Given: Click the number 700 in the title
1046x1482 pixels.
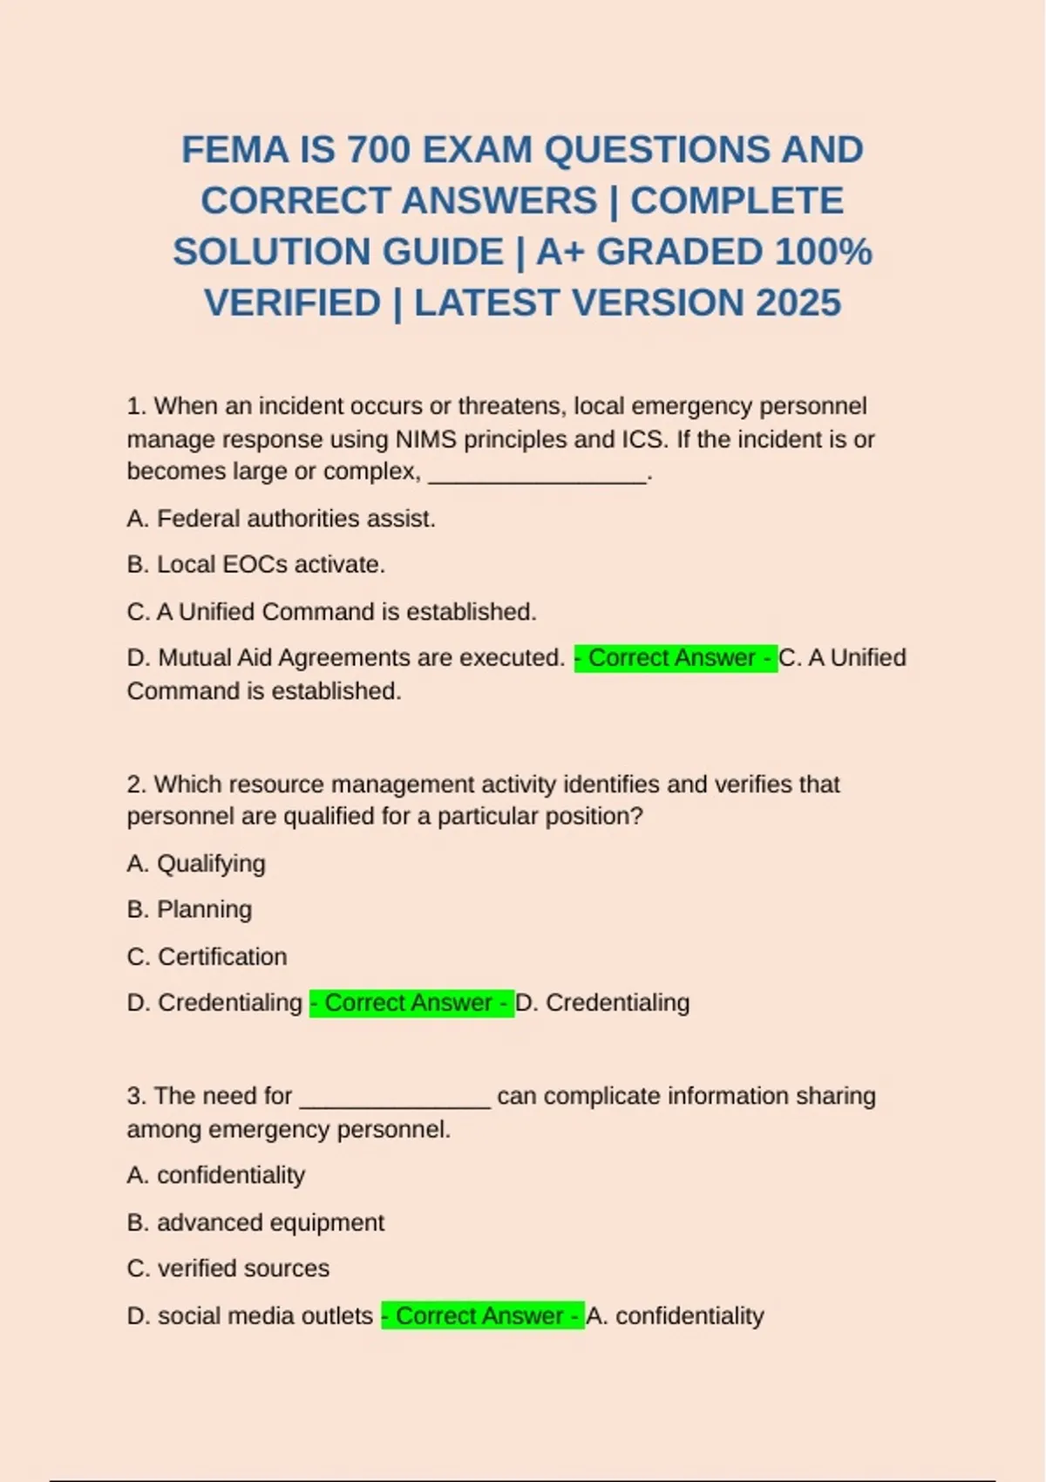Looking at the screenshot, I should pos(378,150).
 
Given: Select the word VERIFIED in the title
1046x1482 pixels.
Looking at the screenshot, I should pos(292,303).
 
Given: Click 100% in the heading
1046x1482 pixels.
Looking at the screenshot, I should pos(823,252).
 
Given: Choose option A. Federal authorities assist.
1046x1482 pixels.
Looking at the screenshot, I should pos(281,519).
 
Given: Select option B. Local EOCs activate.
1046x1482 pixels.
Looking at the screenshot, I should pos(255,565).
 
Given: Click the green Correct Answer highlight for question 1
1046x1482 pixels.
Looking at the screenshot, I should pos(675,657).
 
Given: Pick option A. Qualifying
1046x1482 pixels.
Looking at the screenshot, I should pos(196,863).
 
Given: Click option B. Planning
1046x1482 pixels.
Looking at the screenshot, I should pos(189,909).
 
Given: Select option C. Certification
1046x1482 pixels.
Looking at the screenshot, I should pos(207,956).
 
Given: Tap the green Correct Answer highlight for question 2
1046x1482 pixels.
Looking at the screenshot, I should pos(411,1003).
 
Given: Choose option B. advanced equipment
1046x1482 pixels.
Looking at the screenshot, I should pos(255,1222).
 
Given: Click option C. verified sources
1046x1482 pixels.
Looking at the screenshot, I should pos(228,1268).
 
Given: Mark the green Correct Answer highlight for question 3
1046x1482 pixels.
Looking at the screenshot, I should pos(482,1315).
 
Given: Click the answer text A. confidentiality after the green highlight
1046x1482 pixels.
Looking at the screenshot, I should pos(676,1315).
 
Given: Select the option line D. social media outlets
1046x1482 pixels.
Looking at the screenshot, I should pos(250,1315).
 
